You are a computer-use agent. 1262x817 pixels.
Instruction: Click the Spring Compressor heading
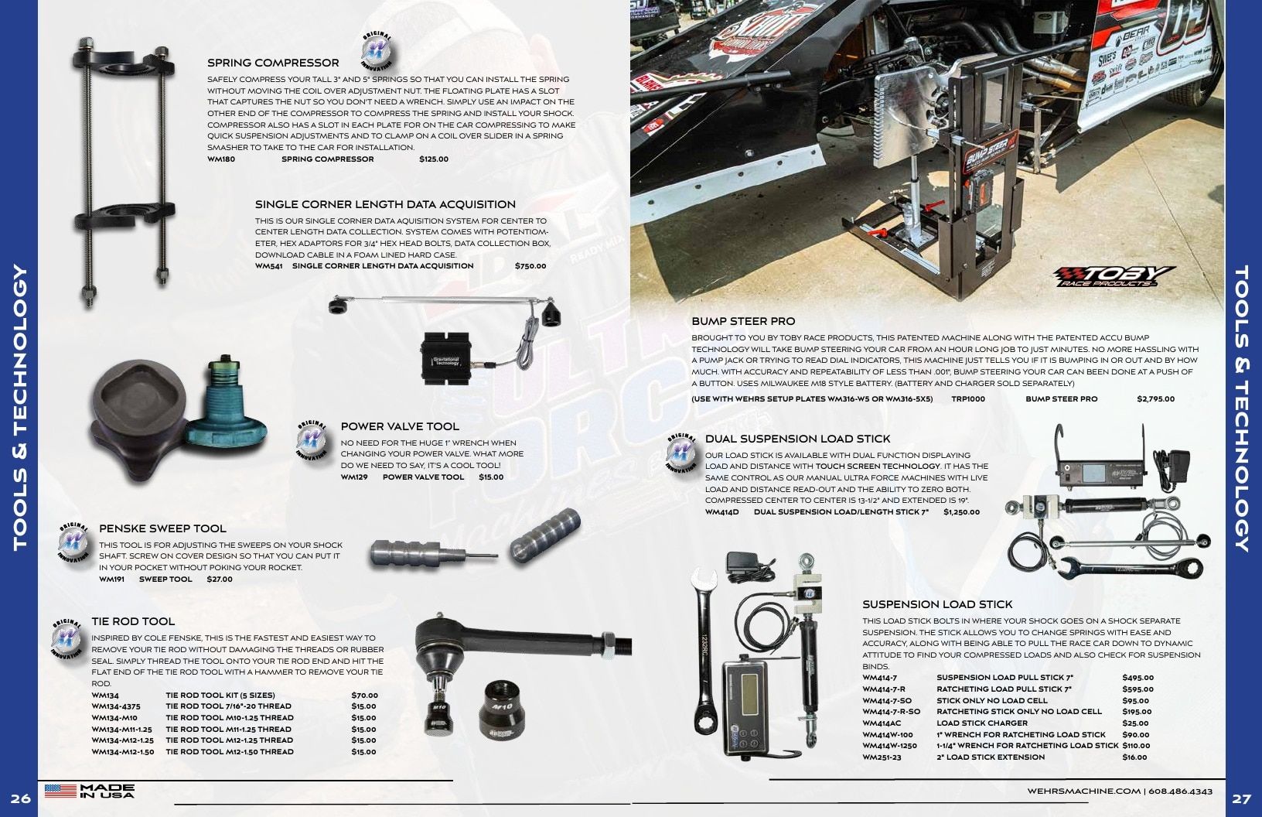273,63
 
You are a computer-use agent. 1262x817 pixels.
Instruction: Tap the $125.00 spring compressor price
434,159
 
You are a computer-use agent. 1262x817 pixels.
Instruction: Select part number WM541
269,266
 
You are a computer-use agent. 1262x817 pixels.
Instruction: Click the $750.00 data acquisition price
530,266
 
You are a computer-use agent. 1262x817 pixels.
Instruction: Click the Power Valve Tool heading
400,427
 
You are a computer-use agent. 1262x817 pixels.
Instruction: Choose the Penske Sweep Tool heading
163,529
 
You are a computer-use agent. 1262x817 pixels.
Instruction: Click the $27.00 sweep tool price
220,579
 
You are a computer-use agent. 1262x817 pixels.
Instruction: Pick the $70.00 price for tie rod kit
364,696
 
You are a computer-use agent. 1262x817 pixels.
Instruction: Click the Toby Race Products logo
1114,276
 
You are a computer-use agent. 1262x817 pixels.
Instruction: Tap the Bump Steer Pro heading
744,321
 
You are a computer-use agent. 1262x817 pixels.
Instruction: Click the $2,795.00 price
1155,399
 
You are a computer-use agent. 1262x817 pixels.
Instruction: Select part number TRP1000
968,399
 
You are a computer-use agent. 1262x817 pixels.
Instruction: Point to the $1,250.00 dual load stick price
962,512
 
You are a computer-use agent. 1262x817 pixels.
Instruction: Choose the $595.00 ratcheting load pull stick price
1138,689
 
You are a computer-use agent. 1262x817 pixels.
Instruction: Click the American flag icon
60,791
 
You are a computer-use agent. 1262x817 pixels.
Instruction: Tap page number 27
1241,799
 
